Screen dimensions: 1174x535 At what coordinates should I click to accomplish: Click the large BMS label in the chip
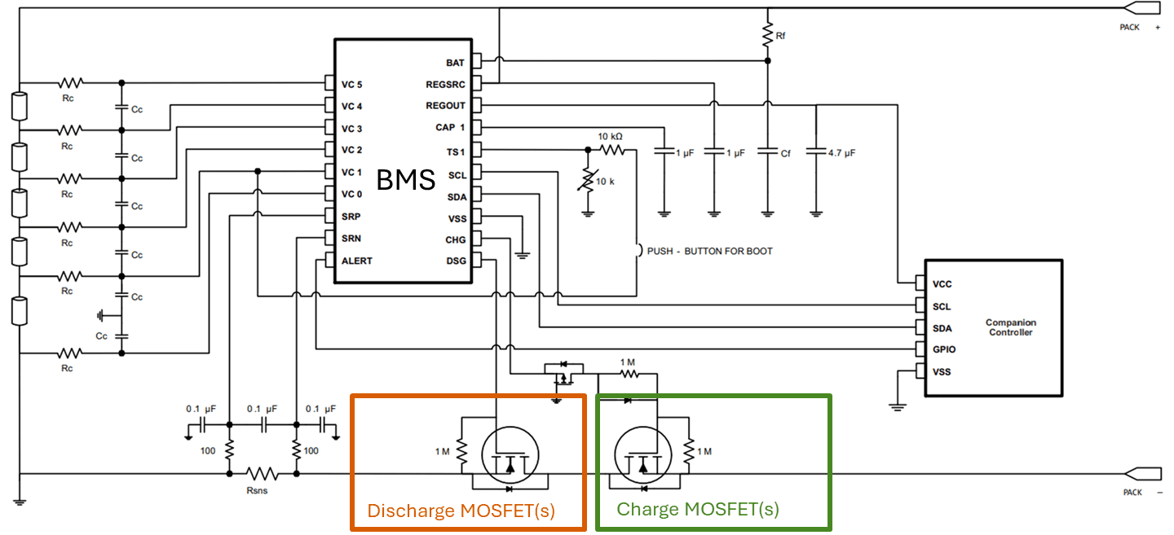coord(406,179)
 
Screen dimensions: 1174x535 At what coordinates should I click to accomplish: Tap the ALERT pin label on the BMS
coord(357,261)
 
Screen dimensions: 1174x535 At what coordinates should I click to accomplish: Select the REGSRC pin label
coord(445,85)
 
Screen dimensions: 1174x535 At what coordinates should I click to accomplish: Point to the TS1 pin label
coord(456,151)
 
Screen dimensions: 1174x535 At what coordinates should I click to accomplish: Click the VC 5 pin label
coord(351,85)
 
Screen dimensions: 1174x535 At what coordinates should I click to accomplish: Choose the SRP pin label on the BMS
coord(351,217)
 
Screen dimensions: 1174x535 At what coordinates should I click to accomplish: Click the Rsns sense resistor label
coord(257,490)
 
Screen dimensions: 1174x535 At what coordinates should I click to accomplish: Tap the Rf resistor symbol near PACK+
coord(768,34)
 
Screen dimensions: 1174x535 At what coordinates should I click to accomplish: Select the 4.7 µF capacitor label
coord(841,153)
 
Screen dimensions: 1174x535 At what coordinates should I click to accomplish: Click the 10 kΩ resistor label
coord(610,137)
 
